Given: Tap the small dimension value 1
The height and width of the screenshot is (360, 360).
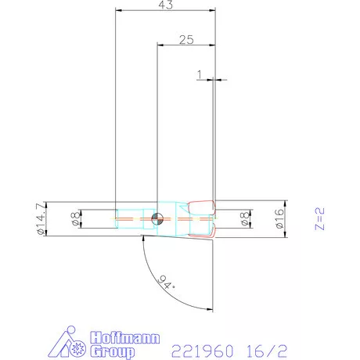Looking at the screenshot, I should [x=200, y=74].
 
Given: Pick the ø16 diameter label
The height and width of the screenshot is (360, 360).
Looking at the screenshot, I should [x=279, y=218].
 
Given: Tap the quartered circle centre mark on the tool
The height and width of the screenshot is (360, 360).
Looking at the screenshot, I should [x=158, y=218].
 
